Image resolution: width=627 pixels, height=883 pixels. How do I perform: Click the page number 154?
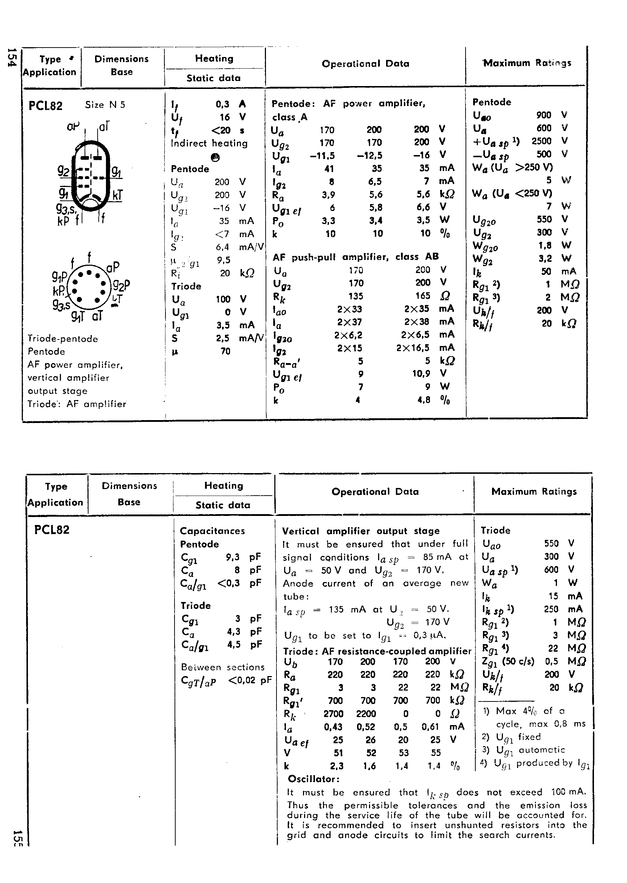(x=12, y=57)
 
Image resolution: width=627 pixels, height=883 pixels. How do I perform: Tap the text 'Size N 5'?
(x=105, y=105)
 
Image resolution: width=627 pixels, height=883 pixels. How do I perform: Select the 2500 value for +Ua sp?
(x=541, y=141)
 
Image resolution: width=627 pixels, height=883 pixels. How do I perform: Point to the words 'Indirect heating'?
(x=209, y=143)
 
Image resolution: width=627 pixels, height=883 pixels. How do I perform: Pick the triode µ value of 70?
(x=225, y=351)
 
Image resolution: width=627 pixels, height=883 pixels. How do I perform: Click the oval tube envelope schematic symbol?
(x=91, y=176)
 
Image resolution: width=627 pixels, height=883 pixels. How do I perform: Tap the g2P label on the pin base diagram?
(x=121, y=285)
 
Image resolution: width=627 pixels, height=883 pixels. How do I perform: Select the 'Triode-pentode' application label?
(x=62, y=339)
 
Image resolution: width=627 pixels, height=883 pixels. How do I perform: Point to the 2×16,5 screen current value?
(x=412, y=347)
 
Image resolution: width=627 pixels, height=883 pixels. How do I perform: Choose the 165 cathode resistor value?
(x=422, y=296)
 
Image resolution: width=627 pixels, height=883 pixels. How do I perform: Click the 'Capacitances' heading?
(x=212, y=531)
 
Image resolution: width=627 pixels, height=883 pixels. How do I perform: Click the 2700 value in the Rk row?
(x=333, y=713)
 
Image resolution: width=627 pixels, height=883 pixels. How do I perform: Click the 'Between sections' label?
(x=223, y=667)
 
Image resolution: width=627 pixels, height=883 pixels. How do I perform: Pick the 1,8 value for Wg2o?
(x=544, y=245)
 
